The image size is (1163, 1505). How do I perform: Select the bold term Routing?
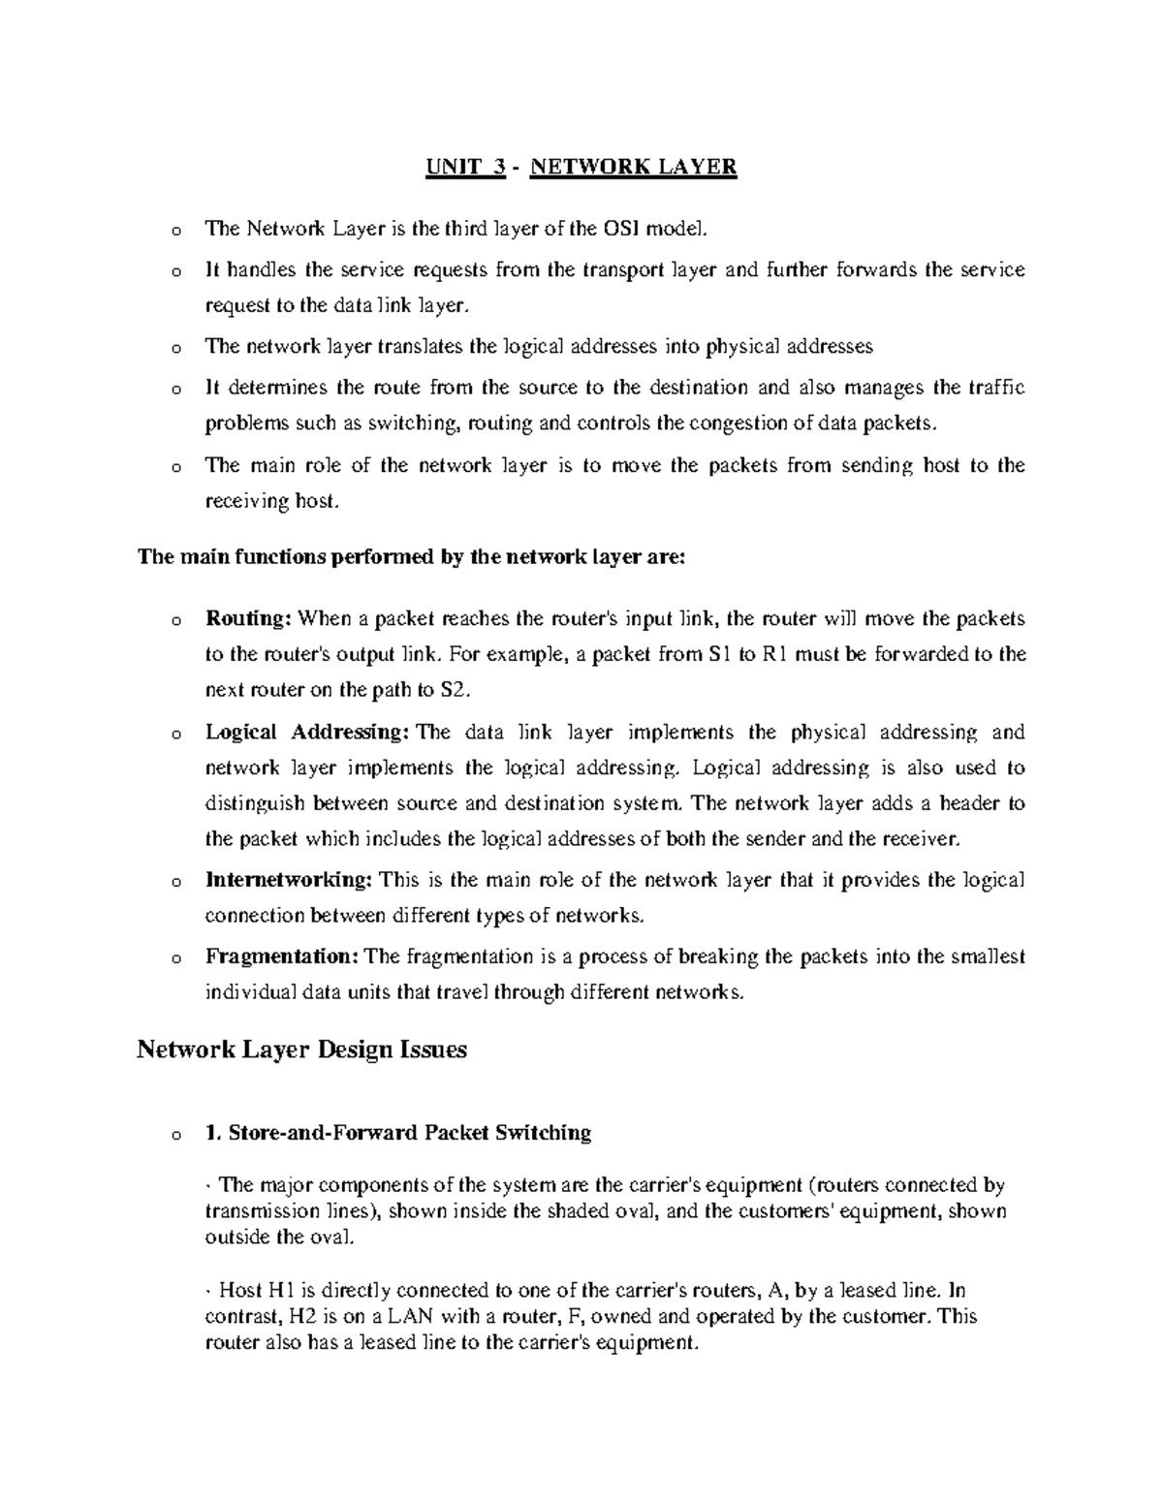point(248,618)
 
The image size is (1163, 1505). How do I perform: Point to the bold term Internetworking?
point(288,880)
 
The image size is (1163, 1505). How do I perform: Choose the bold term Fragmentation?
point(282,956)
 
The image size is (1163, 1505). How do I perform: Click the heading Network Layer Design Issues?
point(302,1050)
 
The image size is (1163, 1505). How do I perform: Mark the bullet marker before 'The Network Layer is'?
point(173,231)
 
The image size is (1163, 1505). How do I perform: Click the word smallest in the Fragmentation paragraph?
point(987,956)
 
